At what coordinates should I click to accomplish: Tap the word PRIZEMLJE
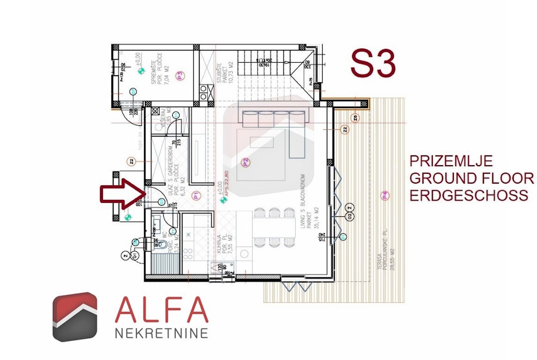452,161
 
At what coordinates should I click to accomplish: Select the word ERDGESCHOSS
469,196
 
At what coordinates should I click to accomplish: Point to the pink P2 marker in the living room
245,162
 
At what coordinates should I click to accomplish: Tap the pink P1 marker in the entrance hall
195,195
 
